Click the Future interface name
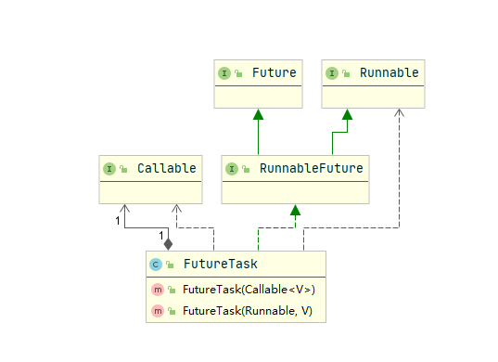(x=274, y=72)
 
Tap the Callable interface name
(x=166, y=168)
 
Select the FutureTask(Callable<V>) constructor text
(x=242, y=290)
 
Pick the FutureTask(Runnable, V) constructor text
(x=239, y=309)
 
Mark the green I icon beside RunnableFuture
(x=231, y=168)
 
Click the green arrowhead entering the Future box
(x=259, y=114)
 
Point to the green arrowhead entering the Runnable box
(x=346, y=114)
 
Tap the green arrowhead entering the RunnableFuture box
(x=295, y=210)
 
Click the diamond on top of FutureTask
(x=168, y=243)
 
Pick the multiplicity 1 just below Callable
(x=118, y=221)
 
